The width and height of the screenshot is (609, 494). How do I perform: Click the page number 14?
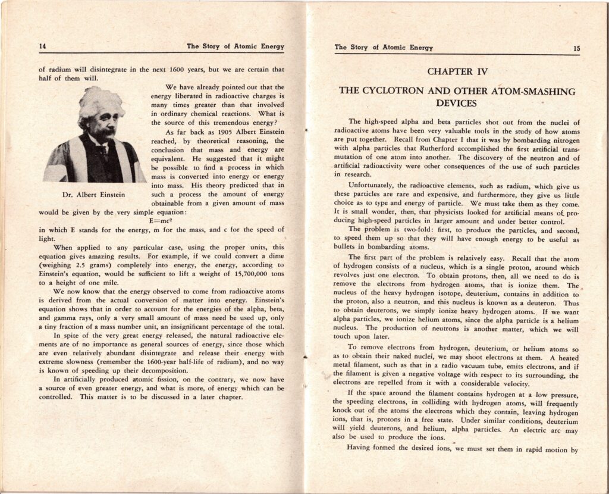tap(42, 46)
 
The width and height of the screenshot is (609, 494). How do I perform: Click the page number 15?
tap(576, 48)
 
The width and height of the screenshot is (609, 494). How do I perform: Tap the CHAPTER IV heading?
tap(457, 72)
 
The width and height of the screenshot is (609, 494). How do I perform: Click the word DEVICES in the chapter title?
tap(457, 104)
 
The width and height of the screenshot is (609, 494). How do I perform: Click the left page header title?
tap(236, 46)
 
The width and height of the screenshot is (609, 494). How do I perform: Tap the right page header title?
tap(383, 48)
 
